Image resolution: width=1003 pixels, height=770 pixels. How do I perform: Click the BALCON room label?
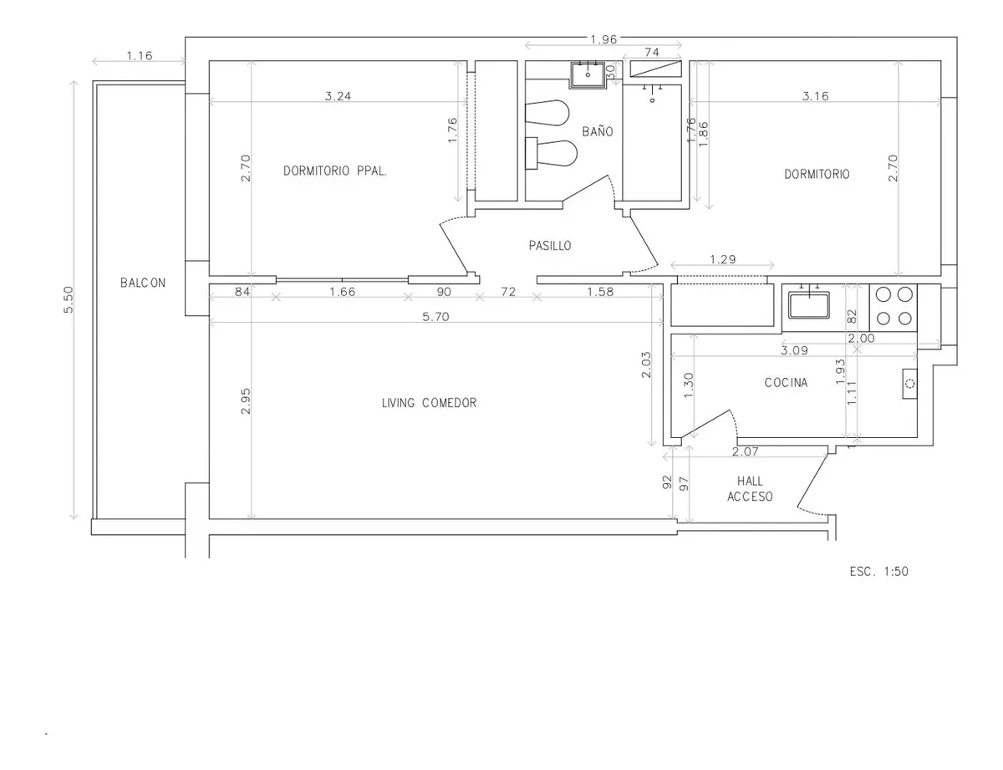[143, 283]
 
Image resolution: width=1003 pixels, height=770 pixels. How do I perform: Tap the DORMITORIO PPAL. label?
[335, 171]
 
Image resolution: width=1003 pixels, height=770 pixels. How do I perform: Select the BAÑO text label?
[598, 131]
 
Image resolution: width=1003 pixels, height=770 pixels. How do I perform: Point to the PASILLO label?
[550, 246]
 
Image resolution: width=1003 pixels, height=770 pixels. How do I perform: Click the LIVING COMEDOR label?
[429, 403]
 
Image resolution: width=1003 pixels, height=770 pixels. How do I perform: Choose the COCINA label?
[786, 383]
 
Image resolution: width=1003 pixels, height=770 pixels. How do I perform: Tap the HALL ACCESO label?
[750, 489]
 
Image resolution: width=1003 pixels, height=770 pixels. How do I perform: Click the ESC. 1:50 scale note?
[878, 572]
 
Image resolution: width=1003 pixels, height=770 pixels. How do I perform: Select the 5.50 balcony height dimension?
[69, 299]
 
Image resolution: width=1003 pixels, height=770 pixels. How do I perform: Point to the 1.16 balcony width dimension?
[140, 56]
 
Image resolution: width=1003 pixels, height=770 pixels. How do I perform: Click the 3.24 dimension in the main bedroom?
[338, 96]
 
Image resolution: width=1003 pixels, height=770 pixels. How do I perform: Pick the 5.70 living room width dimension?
[435, 317]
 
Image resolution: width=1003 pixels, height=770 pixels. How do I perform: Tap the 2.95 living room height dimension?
[246, 400]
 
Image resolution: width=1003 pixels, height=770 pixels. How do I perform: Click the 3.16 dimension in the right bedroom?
[816, 96]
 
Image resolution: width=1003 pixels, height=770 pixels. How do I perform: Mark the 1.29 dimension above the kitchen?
[723, 259]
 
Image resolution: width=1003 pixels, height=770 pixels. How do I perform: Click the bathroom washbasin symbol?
[588, 74]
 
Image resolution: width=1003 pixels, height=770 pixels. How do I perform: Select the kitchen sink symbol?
[809, 305]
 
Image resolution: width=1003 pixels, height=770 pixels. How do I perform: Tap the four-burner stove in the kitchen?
[894, 306]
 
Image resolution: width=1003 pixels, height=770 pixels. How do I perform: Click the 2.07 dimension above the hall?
[745, 451]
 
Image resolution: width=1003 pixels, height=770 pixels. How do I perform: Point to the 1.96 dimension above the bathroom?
[603, 39]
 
